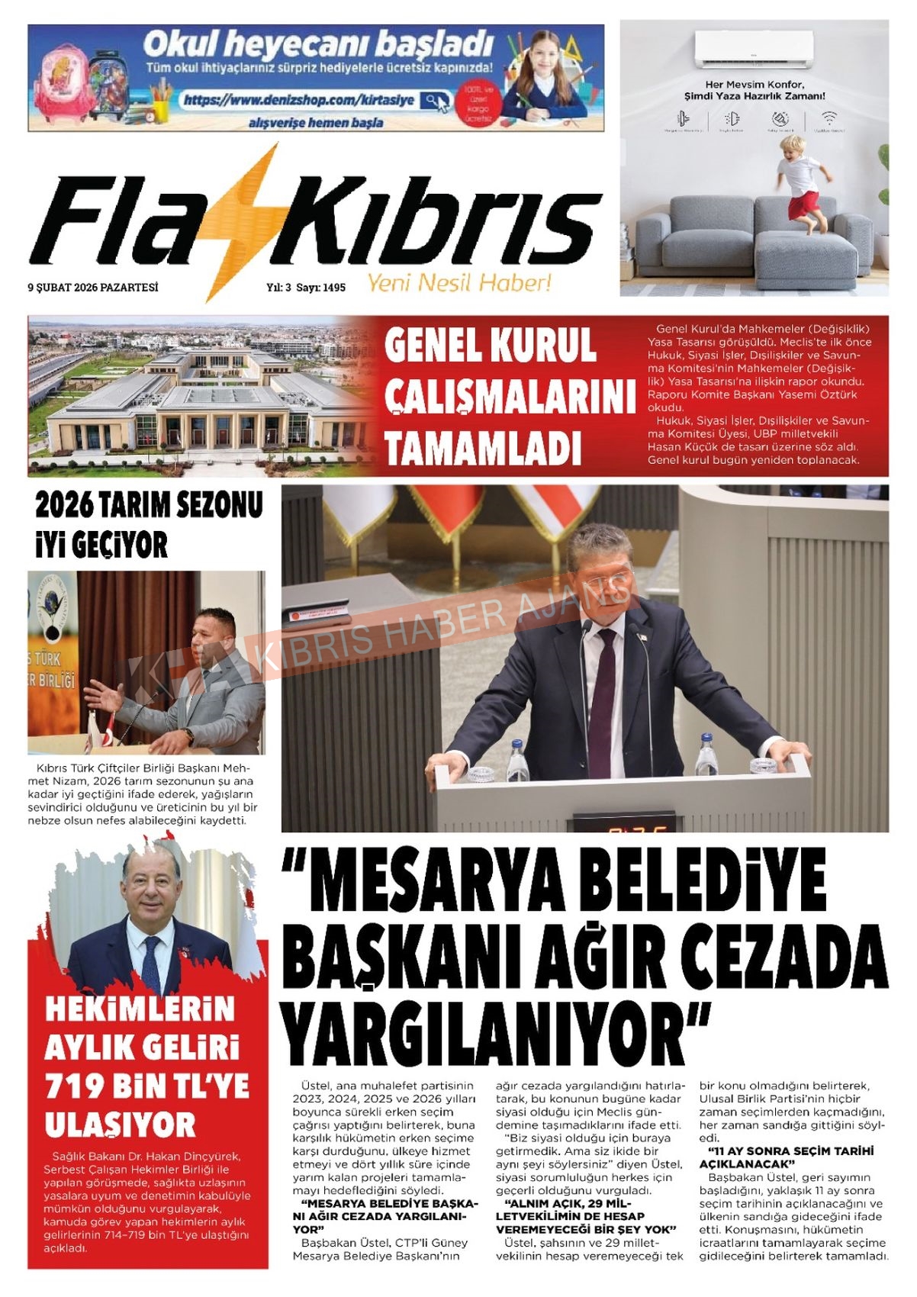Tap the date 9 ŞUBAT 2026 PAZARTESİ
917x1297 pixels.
click(93, 288)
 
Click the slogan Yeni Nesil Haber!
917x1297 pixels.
click(459, 284)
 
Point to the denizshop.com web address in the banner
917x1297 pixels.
click(299, 100)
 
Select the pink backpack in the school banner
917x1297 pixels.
click(60, 84)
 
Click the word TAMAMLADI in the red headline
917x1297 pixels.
click(482, 448)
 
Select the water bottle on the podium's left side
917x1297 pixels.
click(518, 760)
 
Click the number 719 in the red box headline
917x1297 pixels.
click(77, 1086)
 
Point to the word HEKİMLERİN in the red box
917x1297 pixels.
click(140, 1009)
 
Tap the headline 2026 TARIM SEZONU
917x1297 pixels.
click(149, 505)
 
